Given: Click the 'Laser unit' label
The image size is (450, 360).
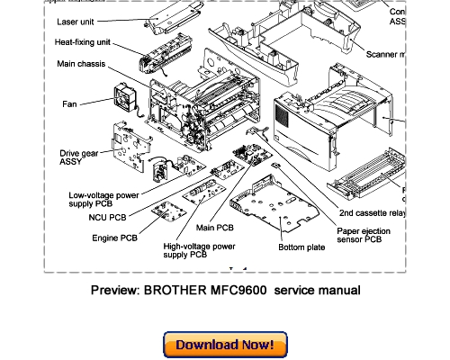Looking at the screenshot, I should (x=52, y=21).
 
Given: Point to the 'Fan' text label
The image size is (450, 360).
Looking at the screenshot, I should (x=69, y=103).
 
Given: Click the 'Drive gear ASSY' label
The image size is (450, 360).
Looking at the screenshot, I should (x=77, y=157).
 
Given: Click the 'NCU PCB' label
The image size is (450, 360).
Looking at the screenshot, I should (x=109, y=218).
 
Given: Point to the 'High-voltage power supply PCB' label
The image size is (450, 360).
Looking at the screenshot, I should (x=199, y=250).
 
